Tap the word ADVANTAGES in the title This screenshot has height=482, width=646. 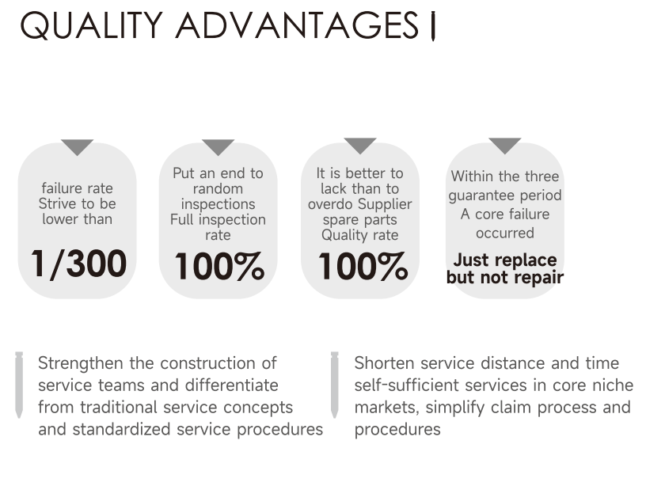(x=297, y=25)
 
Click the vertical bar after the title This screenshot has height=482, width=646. (x=432, y=26)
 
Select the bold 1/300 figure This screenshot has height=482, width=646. (x=78, y=264)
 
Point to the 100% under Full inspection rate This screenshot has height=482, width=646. (x=219, y=267)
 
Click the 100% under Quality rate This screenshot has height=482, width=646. (x=363, y=267)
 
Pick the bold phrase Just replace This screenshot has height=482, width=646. (x=505, y=260)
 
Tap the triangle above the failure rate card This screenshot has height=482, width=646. (x=77, y=146)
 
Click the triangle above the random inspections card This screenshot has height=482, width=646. (x=218, y=146)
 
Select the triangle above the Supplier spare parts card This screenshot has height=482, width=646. (x=360, y=145)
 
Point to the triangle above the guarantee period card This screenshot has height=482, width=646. (x=505, y=145)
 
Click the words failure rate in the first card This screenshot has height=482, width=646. (x=77, y=188)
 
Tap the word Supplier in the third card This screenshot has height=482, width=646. (x=385, y=204)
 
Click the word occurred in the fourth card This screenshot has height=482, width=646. (x=505, y=233)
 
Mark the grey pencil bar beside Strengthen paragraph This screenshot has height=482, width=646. (x=19, y=385)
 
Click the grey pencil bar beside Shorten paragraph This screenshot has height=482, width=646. (x=335, y=385)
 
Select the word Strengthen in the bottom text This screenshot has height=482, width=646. (x=81, y=364)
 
